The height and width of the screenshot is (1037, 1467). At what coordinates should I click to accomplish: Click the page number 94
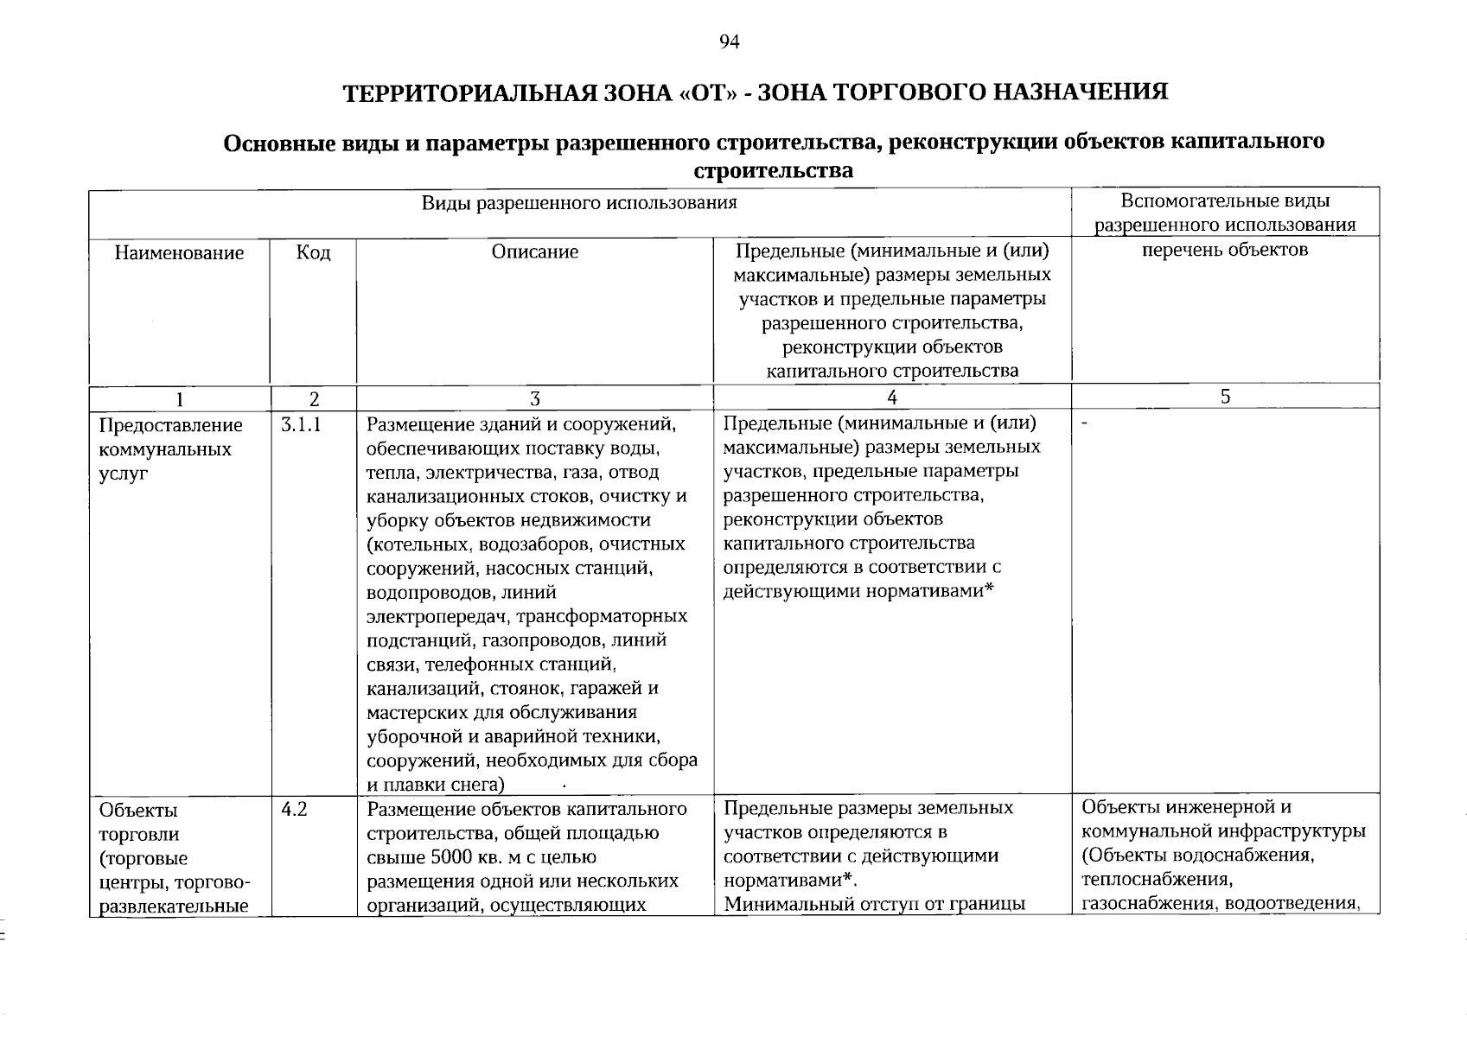coord(730,42)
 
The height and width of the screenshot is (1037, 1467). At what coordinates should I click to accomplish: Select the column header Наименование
coord(179,253)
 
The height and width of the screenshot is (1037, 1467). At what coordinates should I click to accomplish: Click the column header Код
coord(313,252)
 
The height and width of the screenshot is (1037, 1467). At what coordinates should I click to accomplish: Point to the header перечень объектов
coord(1225,250)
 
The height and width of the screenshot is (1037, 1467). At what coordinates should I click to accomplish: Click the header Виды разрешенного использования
coord(579,202)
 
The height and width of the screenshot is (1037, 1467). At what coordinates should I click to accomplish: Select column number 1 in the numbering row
coord(179,398)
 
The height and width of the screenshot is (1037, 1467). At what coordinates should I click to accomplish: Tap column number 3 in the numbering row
coord(534,398)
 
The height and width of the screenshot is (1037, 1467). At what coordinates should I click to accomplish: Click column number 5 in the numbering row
coord(1225,397)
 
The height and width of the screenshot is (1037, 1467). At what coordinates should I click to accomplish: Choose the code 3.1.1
coord(301,425)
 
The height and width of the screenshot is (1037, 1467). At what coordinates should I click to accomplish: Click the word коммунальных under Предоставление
coord(165,449)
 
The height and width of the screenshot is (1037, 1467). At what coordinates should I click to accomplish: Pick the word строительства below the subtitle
coord(773,170)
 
